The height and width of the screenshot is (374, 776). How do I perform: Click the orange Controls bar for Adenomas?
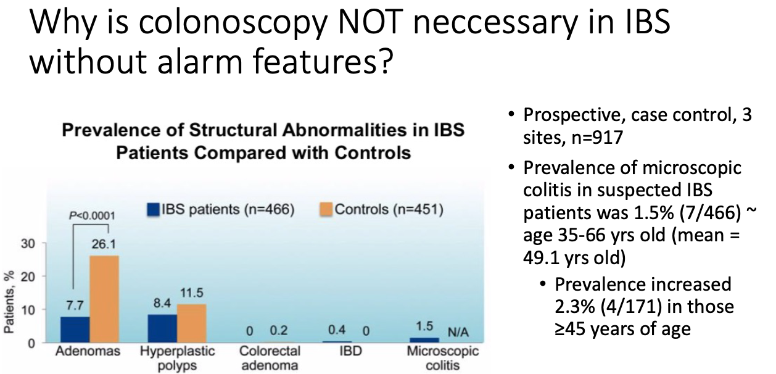[104, 299]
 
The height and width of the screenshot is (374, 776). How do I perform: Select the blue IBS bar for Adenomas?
[75, 330]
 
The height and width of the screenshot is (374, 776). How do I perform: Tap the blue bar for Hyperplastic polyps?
[162, 328]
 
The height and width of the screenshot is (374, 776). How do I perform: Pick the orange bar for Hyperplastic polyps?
[192, 323]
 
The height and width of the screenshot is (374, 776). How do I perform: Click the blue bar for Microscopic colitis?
[424, 340]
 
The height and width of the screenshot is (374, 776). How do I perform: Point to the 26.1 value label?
[104, 244]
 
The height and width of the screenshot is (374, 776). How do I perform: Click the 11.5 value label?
[192, 293]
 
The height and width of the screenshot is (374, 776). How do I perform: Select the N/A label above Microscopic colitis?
[458, 333]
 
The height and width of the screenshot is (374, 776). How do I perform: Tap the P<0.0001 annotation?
[92, 216]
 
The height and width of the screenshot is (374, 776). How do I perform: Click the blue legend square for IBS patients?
[153, 209]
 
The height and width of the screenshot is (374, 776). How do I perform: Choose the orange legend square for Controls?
[326, 209]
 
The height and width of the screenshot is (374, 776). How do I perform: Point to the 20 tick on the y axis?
[28, 277]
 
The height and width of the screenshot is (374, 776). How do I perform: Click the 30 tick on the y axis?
[28, 244]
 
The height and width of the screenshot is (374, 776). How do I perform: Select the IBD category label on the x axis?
[350, 351]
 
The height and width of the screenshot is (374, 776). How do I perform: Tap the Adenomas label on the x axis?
[88, 351]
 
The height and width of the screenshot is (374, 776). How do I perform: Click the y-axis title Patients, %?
[9, 302]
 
